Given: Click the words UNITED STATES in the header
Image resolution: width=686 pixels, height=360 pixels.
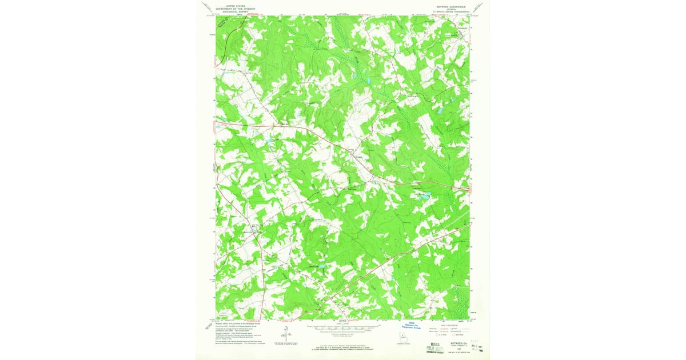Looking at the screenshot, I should tap(235, 3).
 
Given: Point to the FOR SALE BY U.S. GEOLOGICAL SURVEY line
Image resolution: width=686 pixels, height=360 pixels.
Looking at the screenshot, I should tap(342, 346).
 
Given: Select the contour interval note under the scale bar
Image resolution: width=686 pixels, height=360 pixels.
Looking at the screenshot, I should tap(342, 336).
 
